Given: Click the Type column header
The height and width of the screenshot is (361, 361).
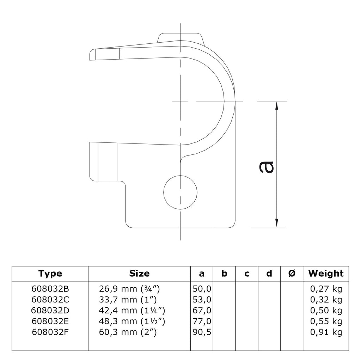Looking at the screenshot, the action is pos(50,274).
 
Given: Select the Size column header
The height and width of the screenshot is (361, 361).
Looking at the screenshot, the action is pos(139,273).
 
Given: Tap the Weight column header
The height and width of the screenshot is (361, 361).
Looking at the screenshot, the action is pos(326,274).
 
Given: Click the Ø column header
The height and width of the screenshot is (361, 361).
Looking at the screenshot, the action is pos(292,274).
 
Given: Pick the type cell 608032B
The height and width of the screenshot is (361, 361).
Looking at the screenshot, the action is pos(50,289).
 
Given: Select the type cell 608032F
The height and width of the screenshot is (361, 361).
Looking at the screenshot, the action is pos(50,332).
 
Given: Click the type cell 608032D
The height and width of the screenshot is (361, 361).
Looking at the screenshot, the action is pos(50,310).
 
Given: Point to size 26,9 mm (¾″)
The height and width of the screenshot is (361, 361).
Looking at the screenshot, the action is pos(129,289).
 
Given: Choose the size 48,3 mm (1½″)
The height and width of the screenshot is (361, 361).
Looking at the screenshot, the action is pos(132,322).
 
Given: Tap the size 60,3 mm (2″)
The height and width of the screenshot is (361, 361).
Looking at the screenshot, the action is pos(128,332).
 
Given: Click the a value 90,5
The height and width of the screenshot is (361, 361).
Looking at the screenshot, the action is pos(202,332).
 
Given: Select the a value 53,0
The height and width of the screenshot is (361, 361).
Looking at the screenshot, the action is pos(202,300).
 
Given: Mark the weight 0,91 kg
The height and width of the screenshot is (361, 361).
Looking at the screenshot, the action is pos(326,332).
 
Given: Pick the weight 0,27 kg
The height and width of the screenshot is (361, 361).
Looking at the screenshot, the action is pos(326,289).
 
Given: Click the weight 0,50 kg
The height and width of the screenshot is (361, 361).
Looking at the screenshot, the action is pos(326,311).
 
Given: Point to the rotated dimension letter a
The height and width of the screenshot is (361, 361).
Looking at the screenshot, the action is pos(267,167).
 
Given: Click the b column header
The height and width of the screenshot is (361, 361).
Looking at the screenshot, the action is pos(224,274).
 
